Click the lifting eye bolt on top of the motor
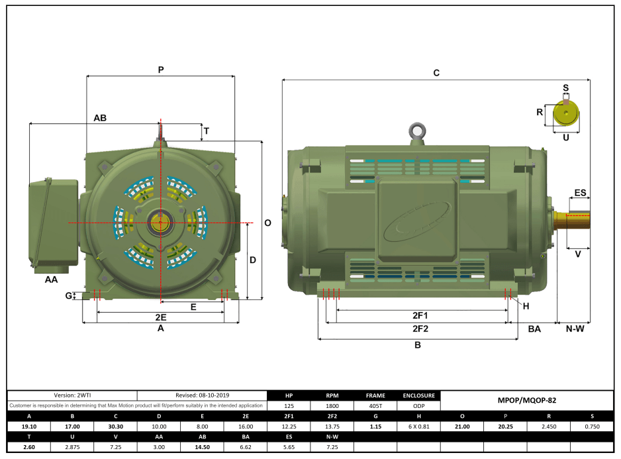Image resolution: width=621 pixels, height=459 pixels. [416, 131]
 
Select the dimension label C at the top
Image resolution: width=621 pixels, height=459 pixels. [436, 73]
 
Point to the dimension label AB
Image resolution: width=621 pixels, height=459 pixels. [100, 118]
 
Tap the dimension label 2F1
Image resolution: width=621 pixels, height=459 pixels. [420, 315]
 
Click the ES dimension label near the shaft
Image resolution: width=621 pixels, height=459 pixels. [580, 193]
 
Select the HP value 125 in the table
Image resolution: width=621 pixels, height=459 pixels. [289, 405]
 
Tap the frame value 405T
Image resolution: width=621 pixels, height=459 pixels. [375, 405]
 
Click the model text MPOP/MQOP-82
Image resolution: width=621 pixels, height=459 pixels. [526, 400]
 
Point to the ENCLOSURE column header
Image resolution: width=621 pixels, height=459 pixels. [418, 395]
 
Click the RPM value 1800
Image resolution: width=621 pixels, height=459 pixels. [332, 405]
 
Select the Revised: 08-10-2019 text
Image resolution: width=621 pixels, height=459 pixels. [203, 395]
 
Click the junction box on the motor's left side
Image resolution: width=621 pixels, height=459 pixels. [54, 221]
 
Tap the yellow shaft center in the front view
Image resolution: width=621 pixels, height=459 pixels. [160, 223]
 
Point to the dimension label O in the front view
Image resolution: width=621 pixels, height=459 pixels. [267, 223]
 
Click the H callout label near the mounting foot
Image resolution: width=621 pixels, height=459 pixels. [526, 306]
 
